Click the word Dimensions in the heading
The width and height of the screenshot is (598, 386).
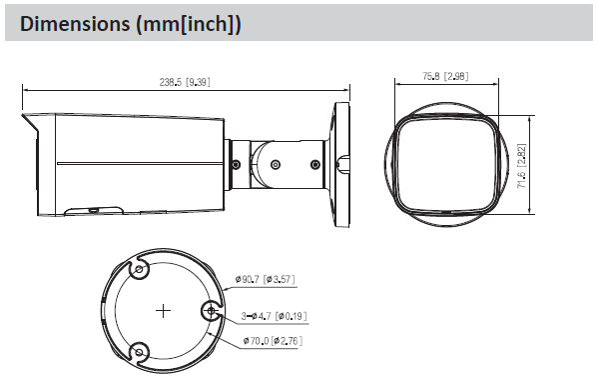click(x=75, y=24)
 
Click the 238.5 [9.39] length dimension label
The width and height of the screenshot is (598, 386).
click(x=185, y=82)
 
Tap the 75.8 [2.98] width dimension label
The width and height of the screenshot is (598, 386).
click(x=445, y=76)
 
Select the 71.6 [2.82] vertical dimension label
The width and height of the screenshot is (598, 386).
click(x=521, y=166)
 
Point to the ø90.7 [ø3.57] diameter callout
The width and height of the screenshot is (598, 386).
click(x=266, y=279)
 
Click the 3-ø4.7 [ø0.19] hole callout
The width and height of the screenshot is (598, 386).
click(x=274, y=316)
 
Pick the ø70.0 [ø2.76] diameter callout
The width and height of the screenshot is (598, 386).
click(x=273, y=340)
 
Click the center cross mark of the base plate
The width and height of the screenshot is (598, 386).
click(x=164, y=311)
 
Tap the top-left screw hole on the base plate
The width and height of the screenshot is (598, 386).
click(x=139, y=270)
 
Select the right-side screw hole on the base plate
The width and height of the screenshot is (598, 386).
click(x=211, y=311)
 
